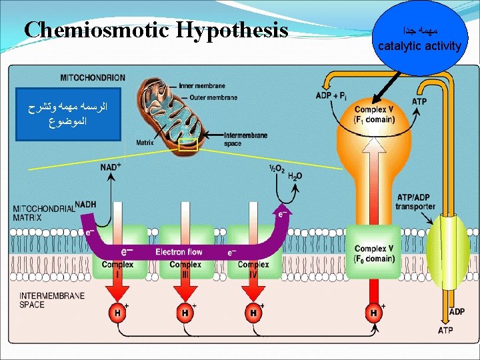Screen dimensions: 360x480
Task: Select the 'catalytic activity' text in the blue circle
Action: click(419, 46)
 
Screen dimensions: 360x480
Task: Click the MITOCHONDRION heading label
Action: click(93, 77)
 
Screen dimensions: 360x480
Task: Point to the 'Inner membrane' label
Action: click(202, 85)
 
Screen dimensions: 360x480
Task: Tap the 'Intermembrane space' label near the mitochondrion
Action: click(246, 139)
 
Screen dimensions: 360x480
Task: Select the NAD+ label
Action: click(111, 167)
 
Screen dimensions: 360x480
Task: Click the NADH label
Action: click(85, 204)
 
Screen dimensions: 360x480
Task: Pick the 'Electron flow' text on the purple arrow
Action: click(179, 252)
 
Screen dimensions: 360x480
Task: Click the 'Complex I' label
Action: click(117, 269)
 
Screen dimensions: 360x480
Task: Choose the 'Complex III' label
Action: click(185, 269)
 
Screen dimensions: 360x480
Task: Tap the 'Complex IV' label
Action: click(253, 269)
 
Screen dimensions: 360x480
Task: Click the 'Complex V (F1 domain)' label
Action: click(374, 115)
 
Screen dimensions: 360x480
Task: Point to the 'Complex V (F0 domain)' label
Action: click(375, 254)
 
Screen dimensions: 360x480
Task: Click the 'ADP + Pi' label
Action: click(331, 98)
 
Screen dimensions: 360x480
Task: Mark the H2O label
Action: click(295, 176)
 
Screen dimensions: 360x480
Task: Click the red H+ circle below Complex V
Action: click(374, 312)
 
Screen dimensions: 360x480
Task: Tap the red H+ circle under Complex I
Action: click(117, 312)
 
